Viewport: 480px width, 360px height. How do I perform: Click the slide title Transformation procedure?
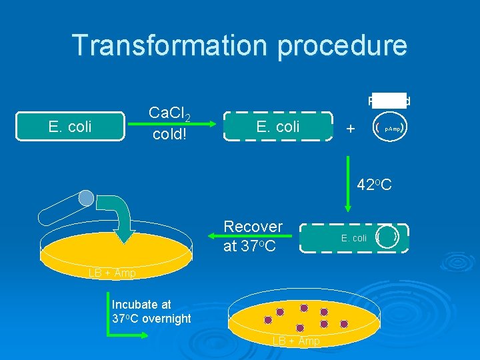[239, 45]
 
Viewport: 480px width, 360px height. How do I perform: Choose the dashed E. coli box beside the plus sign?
[278, 127]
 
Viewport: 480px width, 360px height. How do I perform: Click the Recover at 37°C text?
[253, 235]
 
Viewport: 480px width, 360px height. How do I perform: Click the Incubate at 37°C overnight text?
[152, 311]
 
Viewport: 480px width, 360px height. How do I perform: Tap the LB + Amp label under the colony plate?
[296, 341]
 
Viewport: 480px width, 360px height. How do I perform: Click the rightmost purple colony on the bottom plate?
[345, 324]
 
